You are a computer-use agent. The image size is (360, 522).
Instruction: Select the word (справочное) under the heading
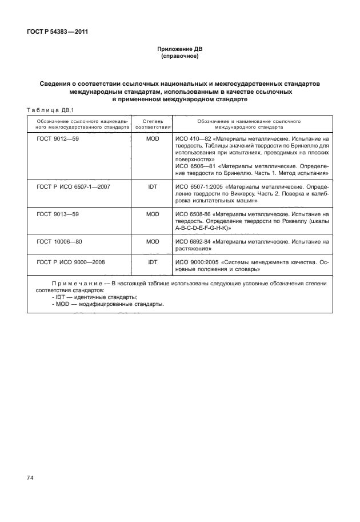tap(179, 57)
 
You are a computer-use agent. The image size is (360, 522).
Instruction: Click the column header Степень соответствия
tap(153, 125)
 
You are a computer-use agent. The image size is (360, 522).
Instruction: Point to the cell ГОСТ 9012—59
tap(57, 139)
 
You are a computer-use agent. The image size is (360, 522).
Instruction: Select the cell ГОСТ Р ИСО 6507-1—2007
tap(74, 186)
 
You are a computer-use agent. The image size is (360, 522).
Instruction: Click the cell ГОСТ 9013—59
tap(57, 214)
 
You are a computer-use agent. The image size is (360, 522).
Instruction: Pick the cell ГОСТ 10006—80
tap(59, 242)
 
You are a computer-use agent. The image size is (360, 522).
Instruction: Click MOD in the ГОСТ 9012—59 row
tap(153, 139)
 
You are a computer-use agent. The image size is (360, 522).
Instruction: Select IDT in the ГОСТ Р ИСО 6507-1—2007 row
tap(153, 186)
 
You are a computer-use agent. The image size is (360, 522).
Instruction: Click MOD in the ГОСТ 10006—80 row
tap(153, 242)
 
